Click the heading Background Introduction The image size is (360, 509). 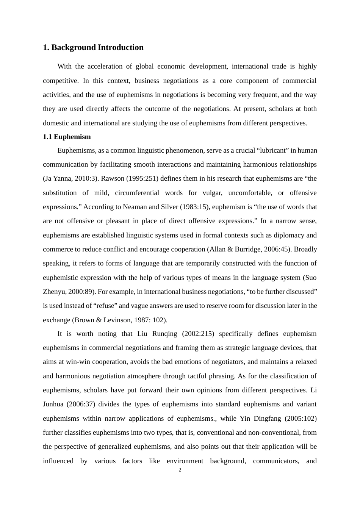point(93,47)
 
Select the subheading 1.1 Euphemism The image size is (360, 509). point(67,137)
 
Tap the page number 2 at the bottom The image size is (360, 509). point(180,470)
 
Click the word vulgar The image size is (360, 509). point(209,193)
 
